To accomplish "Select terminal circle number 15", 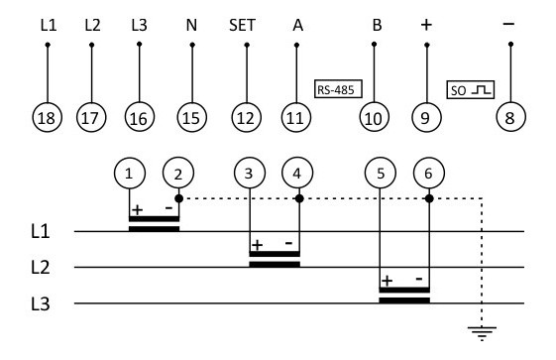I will pos(191,118).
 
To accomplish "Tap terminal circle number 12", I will pos(243,118).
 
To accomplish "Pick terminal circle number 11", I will pos(295,118).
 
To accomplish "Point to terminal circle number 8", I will pos(509,118).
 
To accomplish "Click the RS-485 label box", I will pos(337,89).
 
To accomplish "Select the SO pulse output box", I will pos(470,89).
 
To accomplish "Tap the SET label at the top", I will pos(243,25).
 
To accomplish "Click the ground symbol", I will pos(482,332).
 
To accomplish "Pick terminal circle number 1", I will pos(129,174).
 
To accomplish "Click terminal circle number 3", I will pos(249,174).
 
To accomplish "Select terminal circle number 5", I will pos(381,174).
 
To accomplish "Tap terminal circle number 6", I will pos(429,174).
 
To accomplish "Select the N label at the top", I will pos(191,25).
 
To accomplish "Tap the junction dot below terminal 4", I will pos(298,197).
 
